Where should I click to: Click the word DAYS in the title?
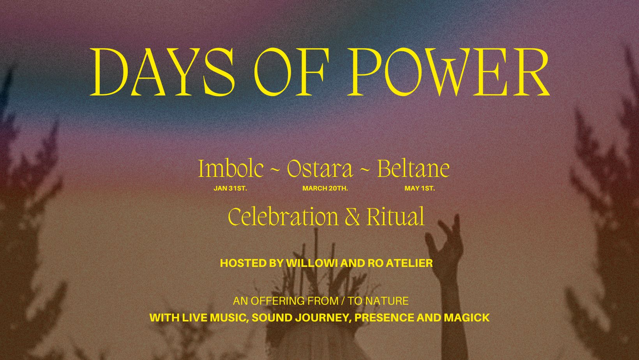162,72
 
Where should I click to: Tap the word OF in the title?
289,72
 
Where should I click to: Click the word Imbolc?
231,169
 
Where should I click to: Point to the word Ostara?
320,169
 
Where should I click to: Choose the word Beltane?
413,169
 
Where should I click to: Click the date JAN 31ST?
230,188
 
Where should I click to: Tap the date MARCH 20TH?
325,188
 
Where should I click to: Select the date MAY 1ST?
420,188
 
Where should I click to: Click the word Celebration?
283,217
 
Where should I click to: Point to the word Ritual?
396,217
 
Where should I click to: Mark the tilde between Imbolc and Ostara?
275,171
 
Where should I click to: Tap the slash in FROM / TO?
343,301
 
